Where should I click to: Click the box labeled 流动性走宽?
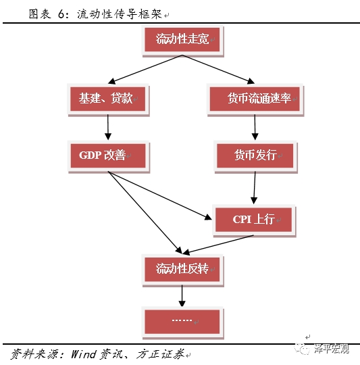pos(182,41)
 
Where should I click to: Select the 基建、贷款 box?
pos(108,99)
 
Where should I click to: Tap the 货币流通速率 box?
pos(255,99)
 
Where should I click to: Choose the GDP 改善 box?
pos(109,156)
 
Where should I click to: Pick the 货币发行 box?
pos(255,156)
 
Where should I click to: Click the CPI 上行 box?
pos(254,220)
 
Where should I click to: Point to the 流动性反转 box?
pos(182,270)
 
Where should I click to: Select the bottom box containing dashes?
pos(182,322)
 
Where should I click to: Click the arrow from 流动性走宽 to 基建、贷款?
pos(145,70)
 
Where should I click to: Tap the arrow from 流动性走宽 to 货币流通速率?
pos(218,70)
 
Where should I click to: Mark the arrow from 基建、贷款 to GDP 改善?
pos(108,127)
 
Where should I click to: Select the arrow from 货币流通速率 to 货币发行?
pos(255,127)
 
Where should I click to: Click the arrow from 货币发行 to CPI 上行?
pos(255,188)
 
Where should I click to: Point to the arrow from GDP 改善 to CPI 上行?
pos(160,195)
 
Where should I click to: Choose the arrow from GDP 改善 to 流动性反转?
pos(145,213)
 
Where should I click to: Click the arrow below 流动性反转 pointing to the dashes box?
pos(182,296)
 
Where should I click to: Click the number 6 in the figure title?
pos(61,14)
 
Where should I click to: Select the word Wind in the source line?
pos(84,354)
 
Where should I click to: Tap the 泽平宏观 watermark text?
pos(332,349)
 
